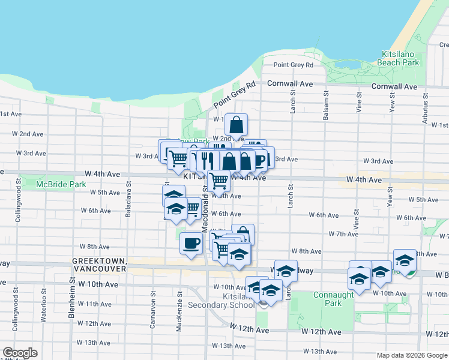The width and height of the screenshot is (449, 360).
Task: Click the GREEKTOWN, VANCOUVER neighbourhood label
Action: (99, 265)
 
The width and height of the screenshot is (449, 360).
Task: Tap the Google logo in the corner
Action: (20, 353)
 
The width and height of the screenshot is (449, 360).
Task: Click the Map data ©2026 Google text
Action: (411, 355)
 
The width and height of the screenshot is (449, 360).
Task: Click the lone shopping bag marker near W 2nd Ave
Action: (237, 125)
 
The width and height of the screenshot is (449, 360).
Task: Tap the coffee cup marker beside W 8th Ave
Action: (191, 244)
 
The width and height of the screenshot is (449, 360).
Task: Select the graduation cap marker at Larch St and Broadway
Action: (286, 271)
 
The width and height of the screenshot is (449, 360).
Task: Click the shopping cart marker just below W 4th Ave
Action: (219, 179)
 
